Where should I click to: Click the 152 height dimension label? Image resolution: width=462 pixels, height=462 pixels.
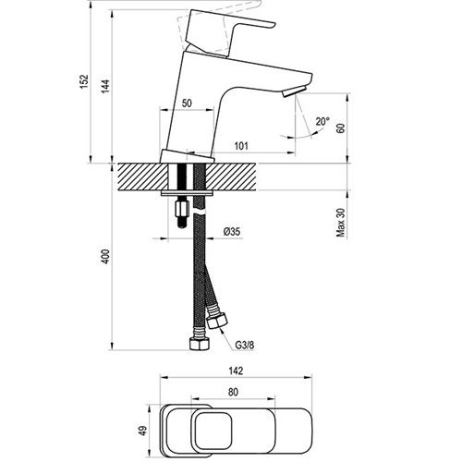pyautogui.click(x=84, y=81)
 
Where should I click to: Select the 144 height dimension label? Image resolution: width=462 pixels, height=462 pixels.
pyautogui.click(x=105, y=87)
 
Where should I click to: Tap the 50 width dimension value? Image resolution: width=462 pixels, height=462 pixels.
pyautogui.click(x=187, y=103)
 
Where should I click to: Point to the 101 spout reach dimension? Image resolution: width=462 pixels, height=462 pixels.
pyautogui.click(x=241, y=146)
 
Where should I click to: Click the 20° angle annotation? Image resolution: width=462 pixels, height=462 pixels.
pyautogui.click(x=322, y=121)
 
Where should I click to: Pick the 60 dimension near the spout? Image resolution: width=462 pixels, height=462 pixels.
pyautogui.click(x=341, y=128)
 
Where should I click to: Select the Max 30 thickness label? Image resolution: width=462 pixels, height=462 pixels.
pyautogui.click(x=341, y=223)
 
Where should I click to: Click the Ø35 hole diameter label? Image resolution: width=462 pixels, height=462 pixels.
pyautogui.click(x=232, y=231)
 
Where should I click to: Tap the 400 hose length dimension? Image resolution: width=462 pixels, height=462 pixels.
pyautogui.click(x=105, y=256)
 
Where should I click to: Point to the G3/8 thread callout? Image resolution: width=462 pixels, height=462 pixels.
pyautogui.click(x=245, y=346)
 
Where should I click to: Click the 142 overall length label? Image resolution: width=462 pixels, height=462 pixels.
pyautogui.click(x=236, y=371)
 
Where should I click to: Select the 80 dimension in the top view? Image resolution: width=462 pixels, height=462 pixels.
pyautogui.click(x=233, y=392)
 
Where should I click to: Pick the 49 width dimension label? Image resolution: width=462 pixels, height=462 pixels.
pyautogui.click(x=143, y=431)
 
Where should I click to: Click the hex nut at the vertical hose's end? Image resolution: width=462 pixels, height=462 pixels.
pyautogui.click(x=199, y=344)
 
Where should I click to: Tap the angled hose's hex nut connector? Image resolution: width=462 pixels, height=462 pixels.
pyautogui.click(x=217, y=321)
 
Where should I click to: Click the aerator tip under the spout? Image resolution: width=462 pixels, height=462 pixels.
pyautogui.click(x=294, y=92)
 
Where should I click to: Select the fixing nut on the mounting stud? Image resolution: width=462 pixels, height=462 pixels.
pyautogui.click(x=182, y=209)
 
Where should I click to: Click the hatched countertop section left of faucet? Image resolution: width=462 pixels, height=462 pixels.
pyautogui.click(x=143, y=176)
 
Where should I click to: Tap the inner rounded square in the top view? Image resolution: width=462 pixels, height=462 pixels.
pyautogui.click(x=214, y=431)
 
